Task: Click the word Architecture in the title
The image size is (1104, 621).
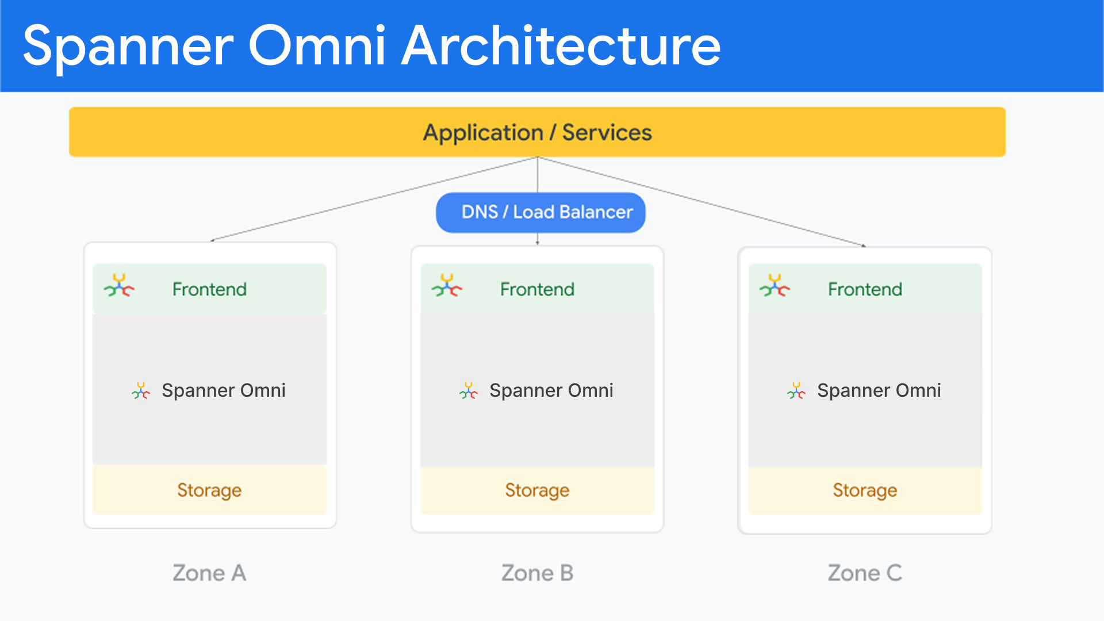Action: click(561, 46)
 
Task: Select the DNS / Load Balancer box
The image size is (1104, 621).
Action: click(540, 212)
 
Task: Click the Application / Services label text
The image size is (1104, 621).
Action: click(537, 132)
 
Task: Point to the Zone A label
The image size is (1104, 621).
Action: click(209, 573)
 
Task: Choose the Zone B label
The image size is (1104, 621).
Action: click(537, 573)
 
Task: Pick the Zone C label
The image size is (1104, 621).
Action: click(865, 573)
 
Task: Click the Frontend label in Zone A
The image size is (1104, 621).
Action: click(209, 289)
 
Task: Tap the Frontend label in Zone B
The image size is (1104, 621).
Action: click(537, 289)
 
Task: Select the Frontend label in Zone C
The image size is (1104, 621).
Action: click(865, 289)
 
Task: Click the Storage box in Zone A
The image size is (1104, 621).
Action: click(209, 490)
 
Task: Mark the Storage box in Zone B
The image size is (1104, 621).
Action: click(537, 490)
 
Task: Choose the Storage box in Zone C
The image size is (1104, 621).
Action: click(865, 490)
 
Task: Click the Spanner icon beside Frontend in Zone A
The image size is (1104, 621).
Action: click(119, 285)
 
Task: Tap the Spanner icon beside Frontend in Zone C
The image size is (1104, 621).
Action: click(775, 285)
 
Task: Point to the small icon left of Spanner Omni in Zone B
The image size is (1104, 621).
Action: click(469, 391)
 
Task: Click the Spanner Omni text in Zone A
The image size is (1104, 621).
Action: click(223, 390)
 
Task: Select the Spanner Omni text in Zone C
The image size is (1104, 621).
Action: click(879, 390)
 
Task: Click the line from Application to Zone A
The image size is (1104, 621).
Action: click(374, 199)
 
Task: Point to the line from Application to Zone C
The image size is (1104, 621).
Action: click(701, 201)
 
